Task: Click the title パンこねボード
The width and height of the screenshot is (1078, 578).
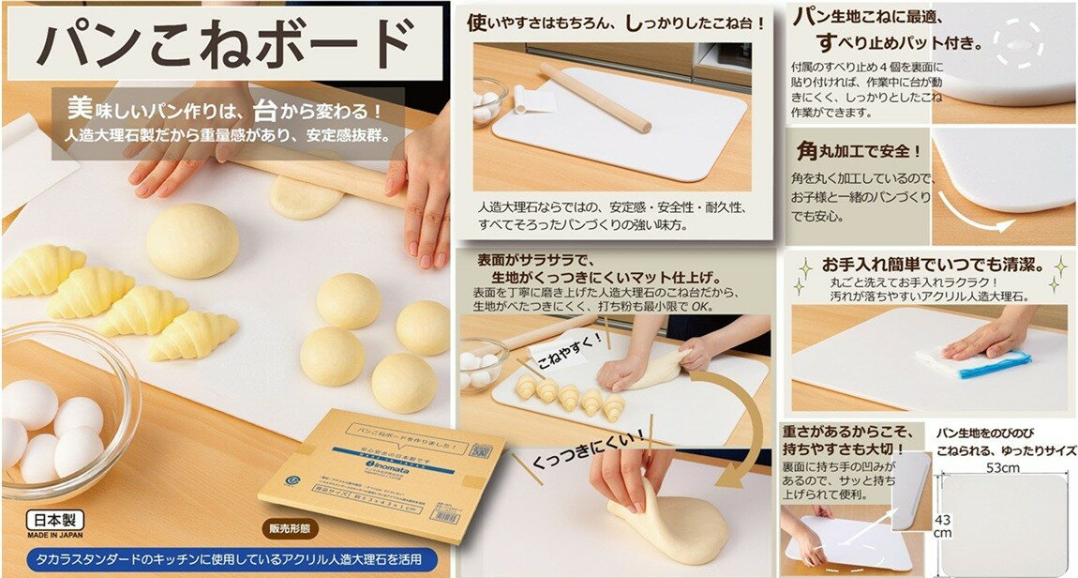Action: [x=225, y=44]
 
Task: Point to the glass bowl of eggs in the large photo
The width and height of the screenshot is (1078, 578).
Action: [x=61, y=413]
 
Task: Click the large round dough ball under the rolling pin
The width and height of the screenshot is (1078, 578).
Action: [x=192, y=241]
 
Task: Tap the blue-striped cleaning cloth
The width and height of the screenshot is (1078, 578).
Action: [x=975, y=362]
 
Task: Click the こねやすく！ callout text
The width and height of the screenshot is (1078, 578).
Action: [x=568, y=360]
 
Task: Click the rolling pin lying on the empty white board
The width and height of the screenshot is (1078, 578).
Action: [x=595, y=97]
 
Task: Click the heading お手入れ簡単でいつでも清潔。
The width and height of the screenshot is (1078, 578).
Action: [x=928, y=266]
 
